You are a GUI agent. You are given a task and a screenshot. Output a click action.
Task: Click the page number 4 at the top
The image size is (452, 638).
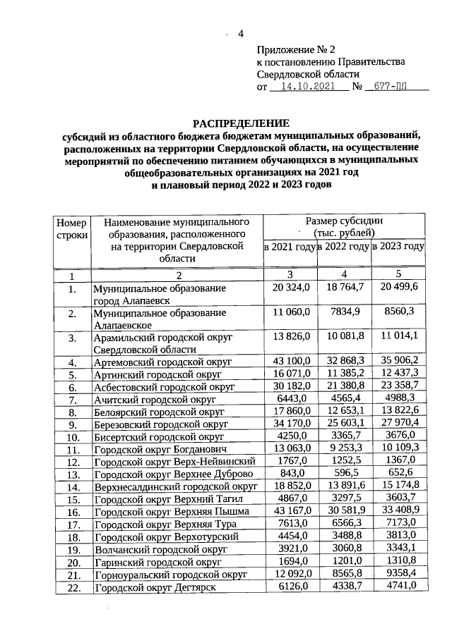(240, 35)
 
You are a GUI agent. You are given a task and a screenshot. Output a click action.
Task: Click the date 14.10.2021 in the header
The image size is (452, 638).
(309, 87)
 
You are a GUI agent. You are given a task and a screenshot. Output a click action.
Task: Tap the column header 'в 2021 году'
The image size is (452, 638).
(289, 247)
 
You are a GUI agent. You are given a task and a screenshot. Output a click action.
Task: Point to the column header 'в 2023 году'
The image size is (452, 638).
(398, 247)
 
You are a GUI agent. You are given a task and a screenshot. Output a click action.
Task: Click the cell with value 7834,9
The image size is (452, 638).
(343, 312)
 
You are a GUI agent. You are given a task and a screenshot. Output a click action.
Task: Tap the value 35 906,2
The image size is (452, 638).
(398, 362)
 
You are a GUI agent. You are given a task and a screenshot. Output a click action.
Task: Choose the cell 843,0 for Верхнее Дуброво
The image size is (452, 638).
(289, 474)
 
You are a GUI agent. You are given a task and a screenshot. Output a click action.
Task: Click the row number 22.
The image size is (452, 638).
(71, 588)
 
